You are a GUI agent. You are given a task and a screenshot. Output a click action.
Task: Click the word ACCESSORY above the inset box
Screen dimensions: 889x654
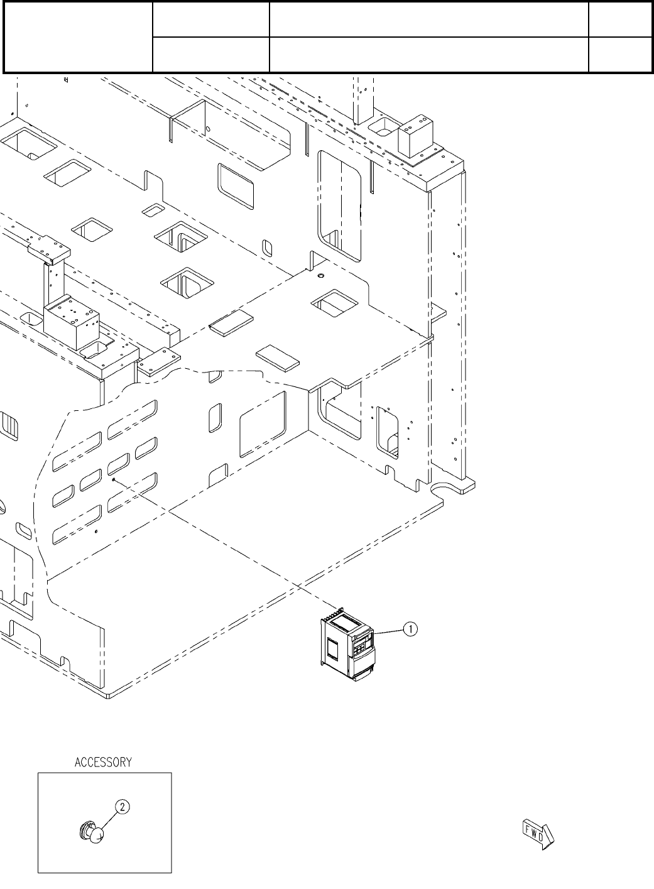pyautogui.click(x=103, y=762)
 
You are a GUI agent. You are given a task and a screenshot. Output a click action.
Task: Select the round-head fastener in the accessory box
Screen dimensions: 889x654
pyautogui.click(x=93, y=833)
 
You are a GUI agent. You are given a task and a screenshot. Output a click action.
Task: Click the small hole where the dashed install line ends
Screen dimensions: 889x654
pyautogui.click(x=113, y=479)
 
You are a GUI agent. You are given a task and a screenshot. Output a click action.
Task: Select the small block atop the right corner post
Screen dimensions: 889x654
pyautogui.click(x=413, y=136)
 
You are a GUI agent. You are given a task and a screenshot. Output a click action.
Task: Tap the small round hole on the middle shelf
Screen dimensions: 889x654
pyautogui.click(x=320, y=276)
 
